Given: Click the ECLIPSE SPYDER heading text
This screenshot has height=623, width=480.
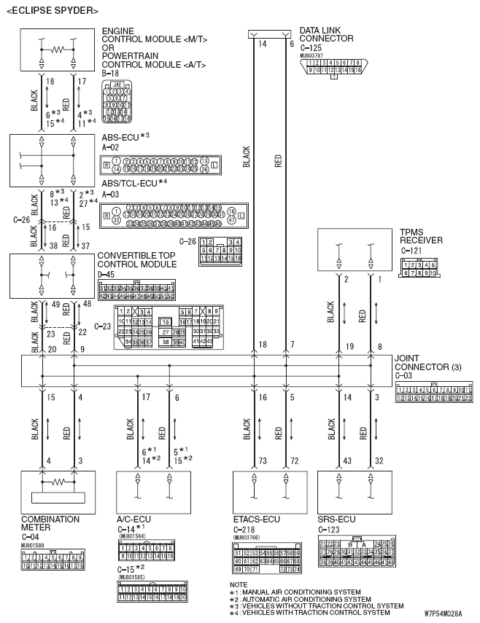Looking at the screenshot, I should (52, 11).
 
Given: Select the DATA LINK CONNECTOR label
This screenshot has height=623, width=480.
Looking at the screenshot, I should (326, 34).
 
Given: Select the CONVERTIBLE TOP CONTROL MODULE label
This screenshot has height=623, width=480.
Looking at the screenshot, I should (136, 260).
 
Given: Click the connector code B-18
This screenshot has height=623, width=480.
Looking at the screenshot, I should (111, 73).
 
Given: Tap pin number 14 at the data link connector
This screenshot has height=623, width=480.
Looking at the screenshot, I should (260, 44).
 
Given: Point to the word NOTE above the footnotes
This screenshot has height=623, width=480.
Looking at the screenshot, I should (238, 584).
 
